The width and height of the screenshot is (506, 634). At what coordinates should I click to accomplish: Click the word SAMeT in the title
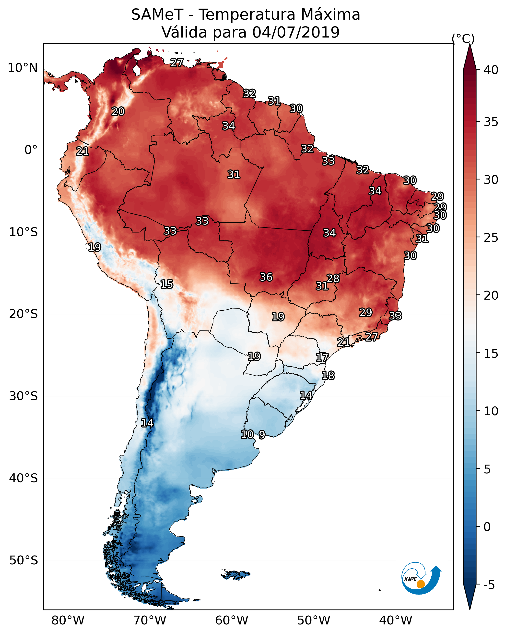[157, 15]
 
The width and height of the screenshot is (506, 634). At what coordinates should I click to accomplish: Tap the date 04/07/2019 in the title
[296, 32]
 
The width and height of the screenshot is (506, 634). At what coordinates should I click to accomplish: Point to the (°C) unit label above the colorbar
[463, 38]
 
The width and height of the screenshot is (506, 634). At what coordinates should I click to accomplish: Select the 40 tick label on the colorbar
[491, 70]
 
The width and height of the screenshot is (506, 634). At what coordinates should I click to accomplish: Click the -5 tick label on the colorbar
[489, 585]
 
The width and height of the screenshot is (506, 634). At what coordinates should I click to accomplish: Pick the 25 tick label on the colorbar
[491, 237]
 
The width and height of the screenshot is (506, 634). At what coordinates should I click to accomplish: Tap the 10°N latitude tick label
[23, 68]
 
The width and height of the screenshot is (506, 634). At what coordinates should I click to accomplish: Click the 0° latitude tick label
[31, 150]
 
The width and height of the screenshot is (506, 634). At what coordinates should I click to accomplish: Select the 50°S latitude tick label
[24, 560]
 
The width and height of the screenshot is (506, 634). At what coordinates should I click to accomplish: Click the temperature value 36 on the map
[266, 277]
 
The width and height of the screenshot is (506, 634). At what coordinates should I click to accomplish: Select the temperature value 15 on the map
[166, 284]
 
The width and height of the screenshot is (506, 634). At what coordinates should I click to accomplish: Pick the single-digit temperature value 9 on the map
[262, 434]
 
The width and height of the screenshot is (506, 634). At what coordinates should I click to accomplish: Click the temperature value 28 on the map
[333, 278]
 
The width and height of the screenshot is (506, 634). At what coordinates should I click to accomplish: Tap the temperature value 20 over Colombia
[118, 112]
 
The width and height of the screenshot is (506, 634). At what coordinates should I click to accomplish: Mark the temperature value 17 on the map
[322, 358]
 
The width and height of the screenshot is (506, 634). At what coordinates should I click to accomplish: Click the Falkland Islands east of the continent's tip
[236, 574]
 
